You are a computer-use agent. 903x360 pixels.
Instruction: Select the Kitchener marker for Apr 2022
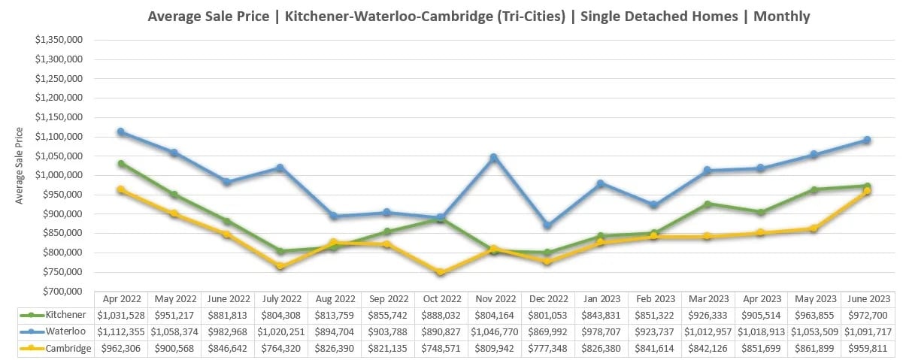click(121, 163)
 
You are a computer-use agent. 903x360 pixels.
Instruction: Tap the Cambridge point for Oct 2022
click(441, 272)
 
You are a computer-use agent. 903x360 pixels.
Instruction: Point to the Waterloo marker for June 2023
click(867, 140)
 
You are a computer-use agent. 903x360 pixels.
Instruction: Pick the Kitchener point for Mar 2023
click(708, 204)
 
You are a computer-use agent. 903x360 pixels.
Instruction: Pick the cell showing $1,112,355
click(121, 331)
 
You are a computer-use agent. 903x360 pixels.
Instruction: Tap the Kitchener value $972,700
click(867, 315)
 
